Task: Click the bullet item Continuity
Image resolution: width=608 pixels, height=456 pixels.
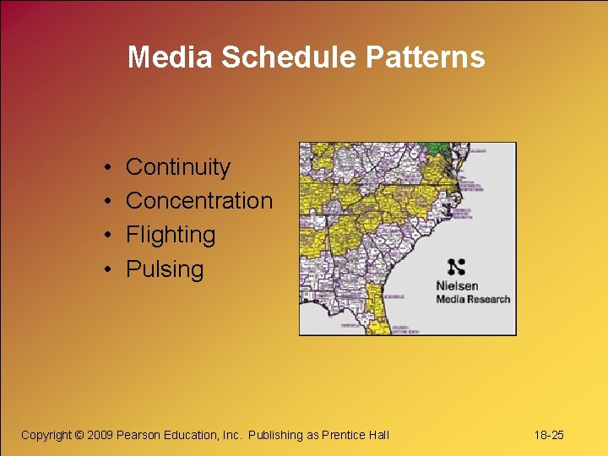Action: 177,167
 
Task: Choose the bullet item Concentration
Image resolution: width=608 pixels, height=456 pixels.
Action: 199,201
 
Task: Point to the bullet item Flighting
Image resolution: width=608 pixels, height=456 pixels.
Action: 171,235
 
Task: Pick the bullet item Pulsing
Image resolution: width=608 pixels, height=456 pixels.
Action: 165,269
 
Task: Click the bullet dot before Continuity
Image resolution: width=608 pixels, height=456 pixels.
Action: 110,168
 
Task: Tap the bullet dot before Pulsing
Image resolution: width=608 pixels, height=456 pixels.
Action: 110,270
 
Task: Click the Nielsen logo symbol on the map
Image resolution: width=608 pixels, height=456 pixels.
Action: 457,267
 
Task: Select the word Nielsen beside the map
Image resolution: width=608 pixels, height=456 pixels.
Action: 457,286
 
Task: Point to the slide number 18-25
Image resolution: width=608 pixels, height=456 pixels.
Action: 549,435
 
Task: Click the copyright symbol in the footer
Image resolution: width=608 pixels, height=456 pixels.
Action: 79,435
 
